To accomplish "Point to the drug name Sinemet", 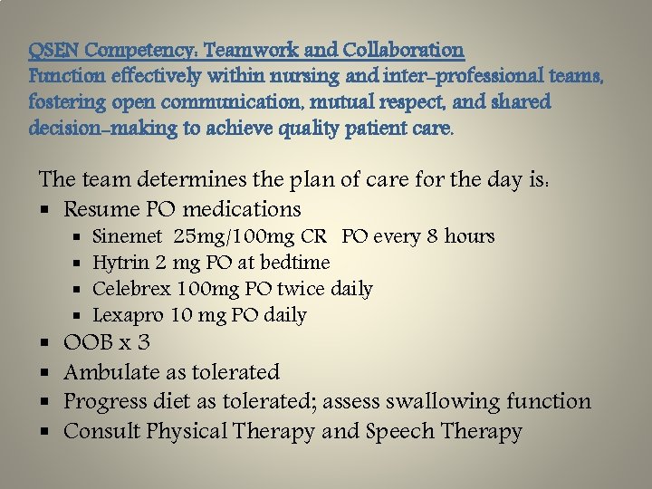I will (128, 237).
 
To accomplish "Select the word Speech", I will (403, 431).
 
